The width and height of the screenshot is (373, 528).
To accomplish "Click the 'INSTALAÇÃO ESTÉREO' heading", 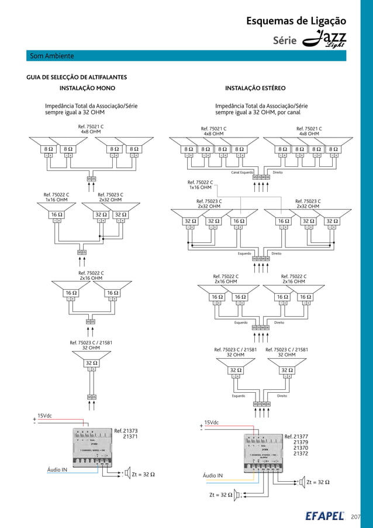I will point(255,88).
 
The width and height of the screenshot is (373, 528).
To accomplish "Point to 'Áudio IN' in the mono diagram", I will point(57,469).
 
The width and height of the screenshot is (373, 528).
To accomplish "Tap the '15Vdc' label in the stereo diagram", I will point(211,423).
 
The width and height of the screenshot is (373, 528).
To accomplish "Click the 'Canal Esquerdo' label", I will point(241,173).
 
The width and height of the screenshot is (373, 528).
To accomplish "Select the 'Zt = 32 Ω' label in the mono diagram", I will point(143,474).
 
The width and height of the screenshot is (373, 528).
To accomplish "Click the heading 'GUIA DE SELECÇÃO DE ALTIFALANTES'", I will point(77,77).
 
